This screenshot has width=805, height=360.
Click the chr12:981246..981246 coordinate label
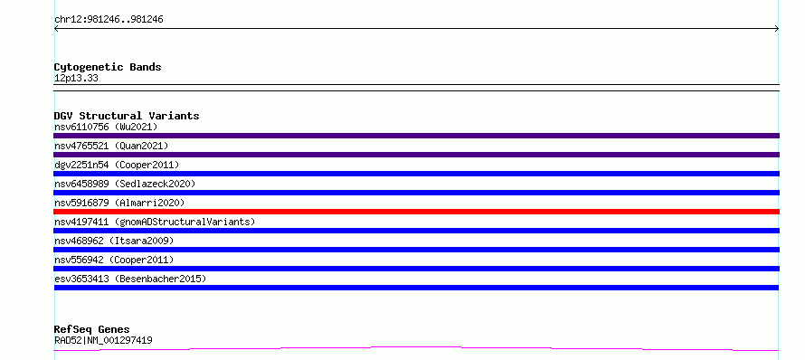[x=109, y=20]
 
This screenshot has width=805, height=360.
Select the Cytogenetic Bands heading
[x=108, y=67]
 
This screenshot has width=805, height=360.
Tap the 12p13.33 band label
[x=76, y=79]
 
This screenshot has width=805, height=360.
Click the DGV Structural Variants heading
[x=127, y=116]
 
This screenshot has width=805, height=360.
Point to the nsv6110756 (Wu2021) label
[x=106, y=127]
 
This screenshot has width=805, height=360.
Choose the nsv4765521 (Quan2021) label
[x=111, y=146]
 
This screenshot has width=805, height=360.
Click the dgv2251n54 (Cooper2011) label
[x=117, y=165]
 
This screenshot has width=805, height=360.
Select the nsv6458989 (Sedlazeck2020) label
[x=125, y=184]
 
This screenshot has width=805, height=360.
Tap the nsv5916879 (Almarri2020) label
[x=119, y=203]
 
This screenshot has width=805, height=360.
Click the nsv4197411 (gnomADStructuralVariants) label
[x=155, y=222]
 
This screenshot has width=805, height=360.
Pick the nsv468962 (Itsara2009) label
[x=114, y=241]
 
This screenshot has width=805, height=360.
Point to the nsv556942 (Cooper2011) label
[x=114, y=260]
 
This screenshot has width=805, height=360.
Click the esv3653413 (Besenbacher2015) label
[x=130, y=279]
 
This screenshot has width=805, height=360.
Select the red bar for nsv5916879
[x=416, y=212]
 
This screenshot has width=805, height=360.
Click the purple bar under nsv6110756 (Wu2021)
[x=416, y=136]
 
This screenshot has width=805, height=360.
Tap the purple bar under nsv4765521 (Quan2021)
[x=416, y=155]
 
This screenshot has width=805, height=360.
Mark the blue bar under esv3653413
[x=416, y=288]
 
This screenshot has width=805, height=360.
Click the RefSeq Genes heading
[x=92, y=330]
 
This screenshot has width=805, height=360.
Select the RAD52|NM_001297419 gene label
[x=103, y=340]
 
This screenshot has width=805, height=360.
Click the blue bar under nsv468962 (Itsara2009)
[x=416, y=250]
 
